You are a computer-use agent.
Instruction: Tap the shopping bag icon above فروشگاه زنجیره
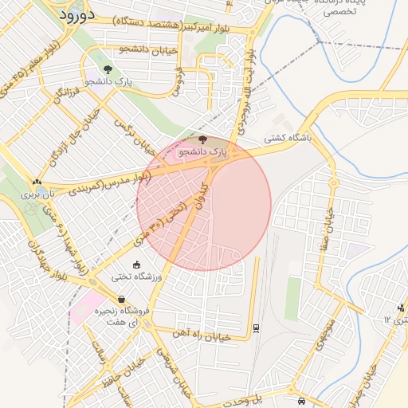point(120,299)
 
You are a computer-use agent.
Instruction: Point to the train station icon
point(255,327)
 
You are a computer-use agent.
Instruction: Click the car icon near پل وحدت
point(300,400)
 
